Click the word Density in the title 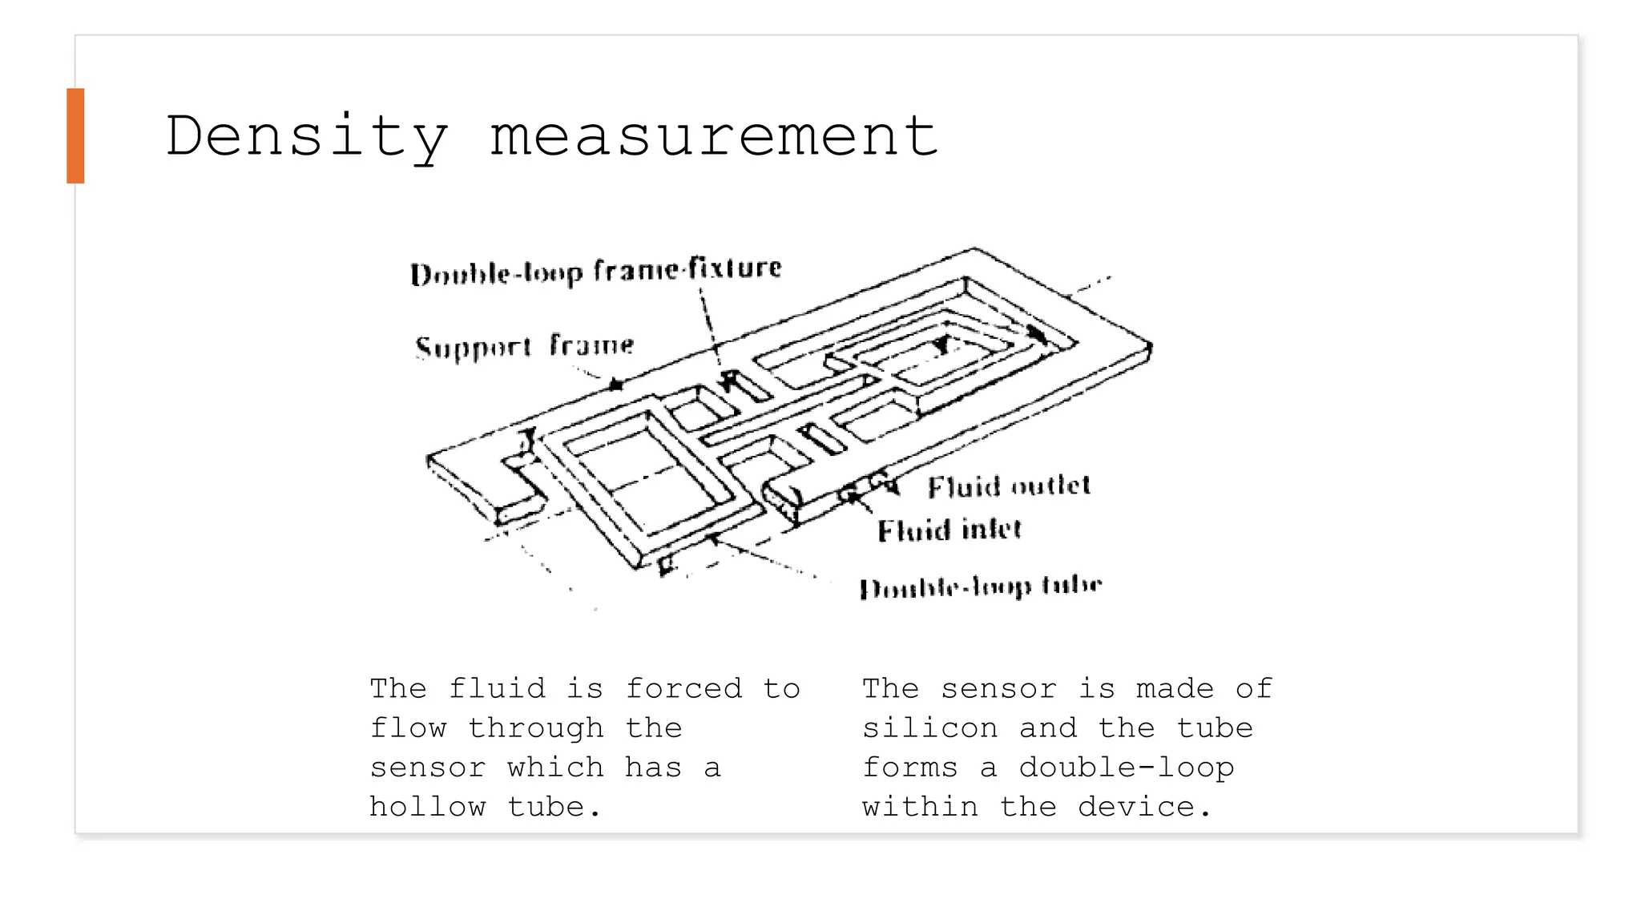[306, 135]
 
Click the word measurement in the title [713, 135]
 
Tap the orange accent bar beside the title [75, 135]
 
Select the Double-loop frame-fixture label [595, 271]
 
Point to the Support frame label [524, 346]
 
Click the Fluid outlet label [1009, 486]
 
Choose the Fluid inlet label [950, 530]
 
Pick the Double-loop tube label [981, 587]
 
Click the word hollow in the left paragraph [428, 806]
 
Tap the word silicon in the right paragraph [930, 728]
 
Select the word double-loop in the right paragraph [1126, 767]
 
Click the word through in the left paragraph [536, 728]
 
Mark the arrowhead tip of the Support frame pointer [617, 385]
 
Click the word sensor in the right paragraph [999, 688]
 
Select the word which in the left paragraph [555, 767]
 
